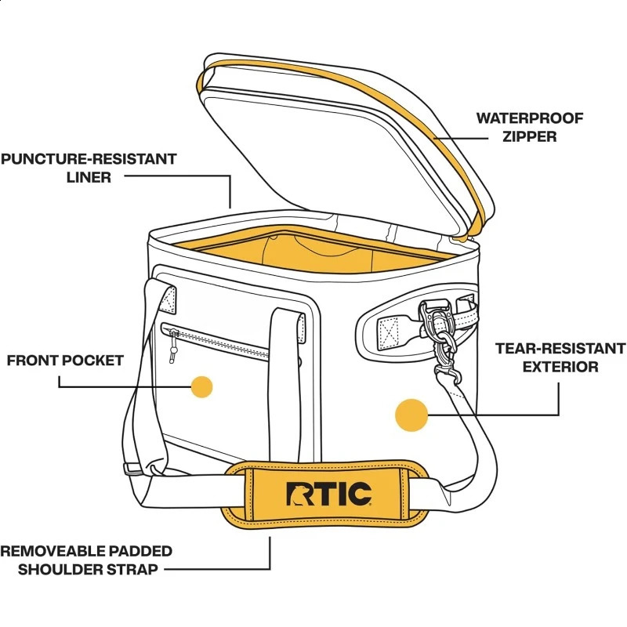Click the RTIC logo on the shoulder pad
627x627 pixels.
tap(328, 495)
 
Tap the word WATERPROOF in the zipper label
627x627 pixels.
tap(530, 118)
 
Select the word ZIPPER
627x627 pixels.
tap(530, 136)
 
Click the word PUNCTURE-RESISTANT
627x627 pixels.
tap(89, 159)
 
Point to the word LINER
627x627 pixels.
tap(88, 178)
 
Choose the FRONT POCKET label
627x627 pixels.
tap(66, 361)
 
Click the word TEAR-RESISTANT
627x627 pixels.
tap(560, 348)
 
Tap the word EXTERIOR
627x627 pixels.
tap(560, 367)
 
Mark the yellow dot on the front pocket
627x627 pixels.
tap(202, 387)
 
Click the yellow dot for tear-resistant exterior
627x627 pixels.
tap(411, 415)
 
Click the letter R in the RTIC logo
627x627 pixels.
tap(299, 495)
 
